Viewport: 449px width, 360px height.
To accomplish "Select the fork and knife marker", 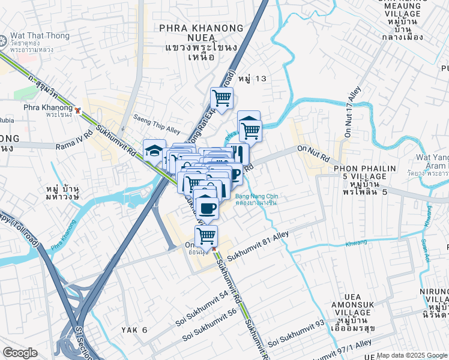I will [238, 152].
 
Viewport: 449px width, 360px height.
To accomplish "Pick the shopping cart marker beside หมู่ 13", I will [221, 98].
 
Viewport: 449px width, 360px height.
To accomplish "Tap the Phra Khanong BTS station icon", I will [78, 110].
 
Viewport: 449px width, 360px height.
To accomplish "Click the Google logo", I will [20, 352].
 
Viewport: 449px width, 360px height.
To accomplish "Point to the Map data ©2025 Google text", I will [412, 355].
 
